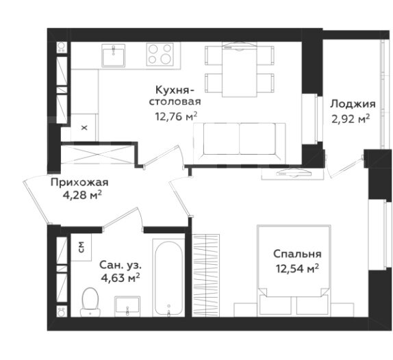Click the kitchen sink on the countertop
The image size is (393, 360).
pyautogui.click(x=113, y=55)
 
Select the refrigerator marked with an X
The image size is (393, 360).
pyautogui.click(x=84, y=127)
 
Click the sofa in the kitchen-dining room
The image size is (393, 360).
pyautogui.click(x=240, y=143)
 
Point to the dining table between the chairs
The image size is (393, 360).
pyautogui.click(x=240, y=70)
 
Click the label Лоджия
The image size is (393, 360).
pyautogui.click(x=353, y=104)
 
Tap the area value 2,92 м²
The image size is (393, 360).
pyautogui.click(x=351, y=119)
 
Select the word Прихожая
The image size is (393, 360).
pyautogui.click(x=79, y=182)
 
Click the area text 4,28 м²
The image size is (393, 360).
pyautogui.click(x=82, y=195)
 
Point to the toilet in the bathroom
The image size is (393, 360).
pyautogui.click(x=90, y=302)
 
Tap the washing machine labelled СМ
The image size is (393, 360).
pyautogui.click(x=81, y=247)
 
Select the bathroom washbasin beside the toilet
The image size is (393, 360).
pyautogui.click(x=127, y=305)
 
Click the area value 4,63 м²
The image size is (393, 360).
pyautogui.click(x=121, y=277)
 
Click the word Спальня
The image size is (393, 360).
pyautogui.click(x=297, y=254)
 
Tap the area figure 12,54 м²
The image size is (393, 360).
pyautogui.click(x=297, y=268)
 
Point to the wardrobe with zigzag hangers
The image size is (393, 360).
pyautogui.click(x=206, y=276)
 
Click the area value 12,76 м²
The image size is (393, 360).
pyautogui.click(x=176, y=116)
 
